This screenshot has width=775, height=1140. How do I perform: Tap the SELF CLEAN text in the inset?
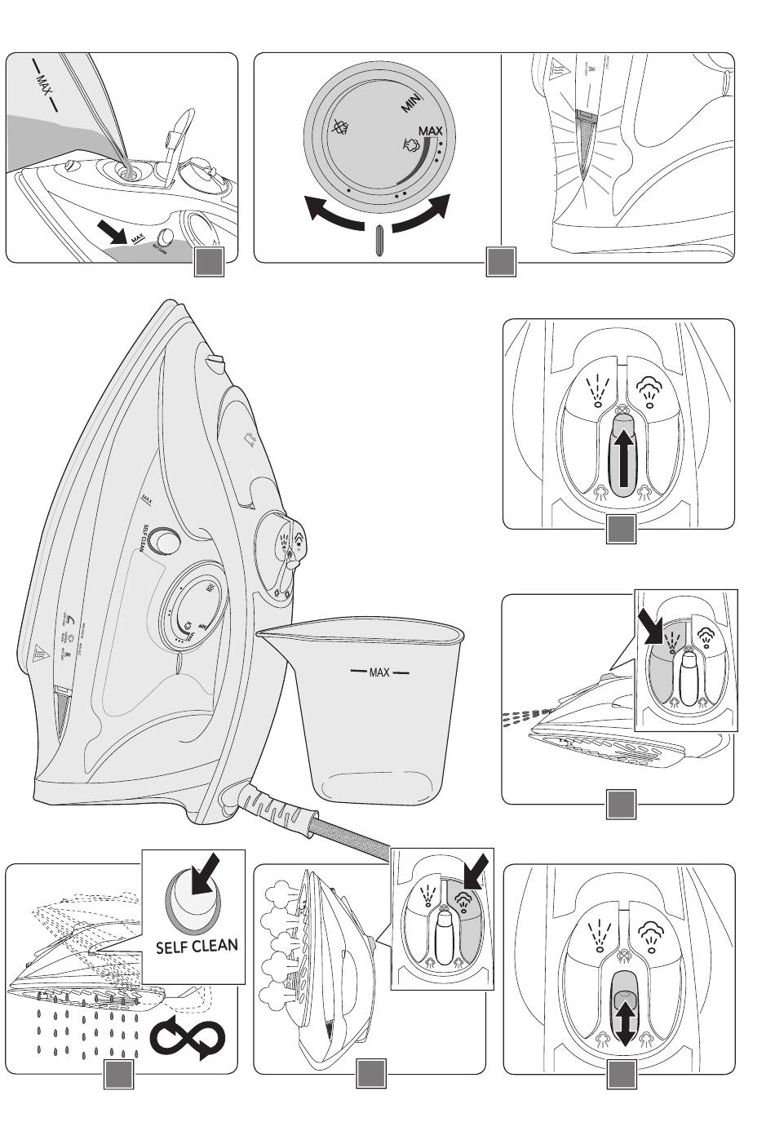click(197, 946)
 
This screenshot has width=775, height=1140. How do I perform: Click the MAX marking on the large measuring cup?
click(379, 672)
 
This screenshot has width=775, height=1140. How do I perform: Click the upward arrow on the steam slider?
click(622, 458)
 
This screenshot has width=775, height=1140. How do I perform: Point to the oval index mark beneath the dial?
click(378, 242)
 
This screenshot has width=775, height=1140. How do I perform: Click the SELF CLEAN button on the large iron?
click(166, 540)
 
